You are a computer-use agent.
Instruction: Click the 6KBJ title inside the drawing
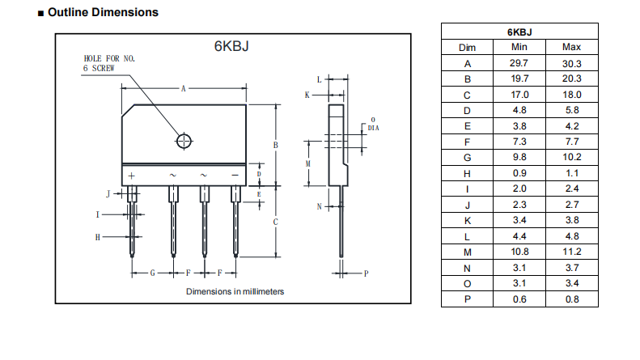pyautogui.click(x=231, y=46)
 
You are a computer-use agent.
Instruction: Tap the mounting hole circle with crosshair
pyautogui.click(x=184, y=141)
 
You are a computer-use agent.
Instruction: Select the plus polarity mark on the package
pyautogui.click(x=131, y=176)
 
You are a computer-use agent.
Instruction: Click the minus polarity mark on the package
pyautogui.click(x=235, y=176)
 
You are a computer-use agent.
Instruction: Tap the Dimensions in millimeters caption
pyautogui.click(x=235, y=291)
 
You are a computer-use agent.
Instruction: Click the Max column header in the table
pyautogui.click(x=571, y=48)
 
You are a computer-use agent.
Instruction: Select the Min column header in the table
pyautogui.click(x=519, y=48)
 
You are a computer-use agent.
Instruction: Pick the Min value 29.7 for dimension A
pyautogui.click(x=519, y=63)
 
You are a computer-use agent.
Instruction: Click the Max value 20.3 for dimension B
pyautogui.click(x=571, y=78)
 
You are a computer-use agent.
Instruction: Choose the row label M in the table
pyautogui.click(x=467, y=252)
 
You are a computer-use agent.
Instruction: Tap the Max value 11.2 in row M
pyautogui.click(x=571, y=252)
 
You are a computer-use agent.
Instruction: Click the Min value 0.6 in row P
pyautogui.click(x=519, y=299)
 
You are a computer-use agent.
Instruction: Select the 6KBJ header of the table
pyautogui.click(x=519, y=32)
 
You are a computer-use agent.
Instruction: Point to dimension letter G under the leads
pyautogui.click(x=152, y=273)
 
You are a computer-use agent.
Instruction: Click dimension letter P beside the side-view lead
pyautogui.click(x=366, y=273)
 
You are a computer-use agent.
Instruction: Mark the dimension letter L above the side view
pyautogui.click(x=320, y=79)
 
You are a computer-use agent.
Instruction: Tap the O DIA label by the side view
pyautogui.click(x=372, y=124)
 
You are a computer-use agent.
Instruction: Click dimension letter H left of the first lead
pyautogui.click(x=98, y=237)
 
